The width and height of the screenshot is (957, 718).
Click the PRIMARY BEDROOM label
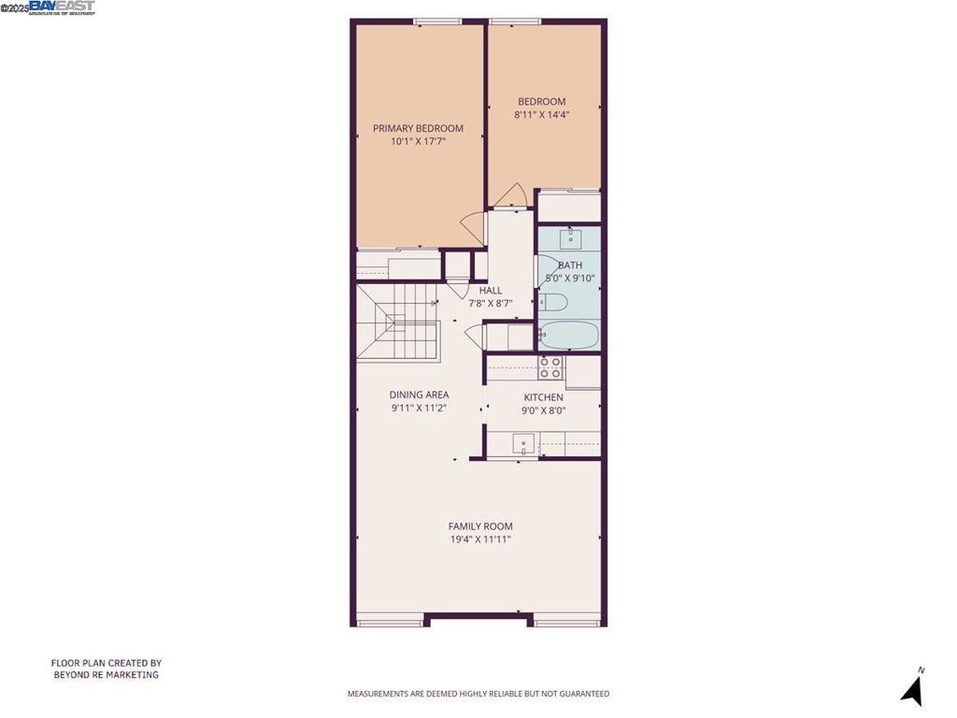click(418, 128)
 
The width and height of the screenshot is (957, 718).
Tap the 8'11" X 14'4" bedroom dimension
click(542, 115)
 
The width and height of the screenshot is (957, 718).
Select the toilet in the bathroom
click(552, 302)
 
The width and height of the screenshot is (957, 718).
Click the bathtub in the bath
click(569, 335)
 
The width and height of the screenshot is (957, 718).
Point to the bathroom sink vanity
click(569, 239)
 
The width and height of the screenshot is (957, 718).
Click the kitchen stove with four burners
click(550, 367)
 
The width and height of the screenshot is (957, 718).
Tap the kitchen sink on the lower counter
click(524, 445)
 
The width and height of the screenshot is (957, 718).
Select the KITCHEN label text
click(543, 397)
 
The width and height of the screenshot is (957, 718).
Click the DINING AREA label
click(419, 395)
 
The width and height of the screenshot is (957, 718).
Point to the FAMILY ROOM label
click(480, 526)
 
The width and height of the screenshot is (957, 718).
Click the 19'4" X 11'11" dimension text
click(480, 539)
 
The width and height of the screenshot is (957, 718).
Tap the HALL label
click(491, 291)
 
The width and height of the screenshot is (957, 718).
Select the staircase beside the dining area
click(397, 323)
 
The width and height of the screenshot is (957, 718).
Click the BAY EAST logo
click(62, 7)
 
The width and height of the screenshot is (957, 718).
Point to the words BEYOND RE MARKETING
click(106, 675)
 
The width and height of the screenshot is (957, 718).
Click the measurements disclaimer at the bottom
click(478, 694)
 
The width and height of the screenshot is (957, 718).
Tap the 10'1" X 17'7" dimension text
click(418, 142)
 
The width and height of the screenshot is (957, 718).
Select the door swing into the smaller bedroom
click(511, 196)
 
